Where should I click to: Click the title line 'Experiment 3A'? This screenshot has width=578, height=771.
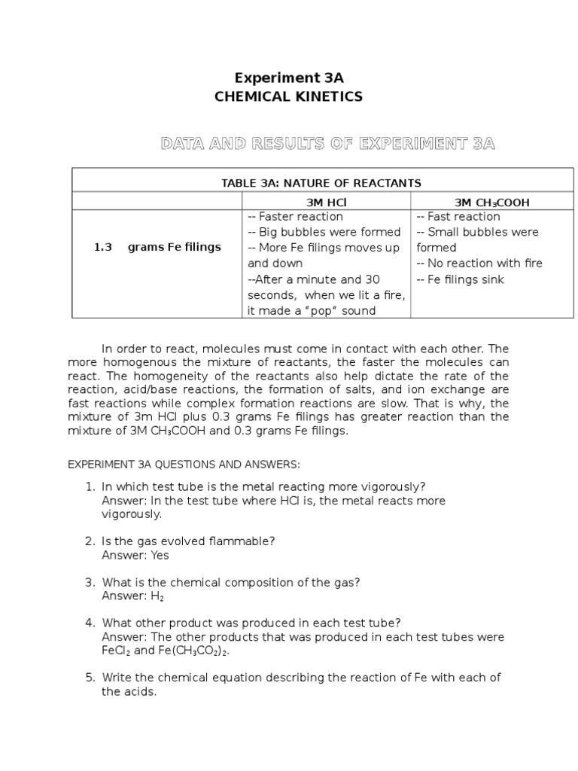tap(289, 78)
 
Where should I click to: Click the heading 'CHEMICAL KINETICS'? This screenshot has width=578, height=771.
tap(289, 96)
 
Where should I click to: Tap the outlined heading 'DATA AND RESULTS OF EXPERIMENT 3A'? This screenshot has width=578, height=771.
tap(327, 143)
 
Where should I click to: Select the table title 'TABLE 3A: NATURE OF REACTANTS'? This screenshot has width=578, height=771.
tap(321, 183)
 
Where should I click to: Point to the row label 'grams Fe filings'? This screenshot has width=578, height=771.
tap(175, 247)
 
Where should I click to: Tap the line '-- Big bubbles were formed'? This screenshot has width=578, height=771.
tap(324, 232)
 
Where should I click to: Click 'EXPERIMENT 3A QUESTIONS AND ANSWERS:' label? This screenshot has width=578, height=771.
tap(184, 465)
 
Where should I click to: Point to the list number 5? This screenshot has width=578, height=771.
tap(89, 677)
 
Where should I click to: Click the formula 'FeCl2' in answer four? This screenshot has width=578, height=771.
tap(116, 651)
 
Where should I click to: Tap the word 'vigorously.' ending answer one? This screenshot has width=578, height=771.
tap(132, 514)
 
